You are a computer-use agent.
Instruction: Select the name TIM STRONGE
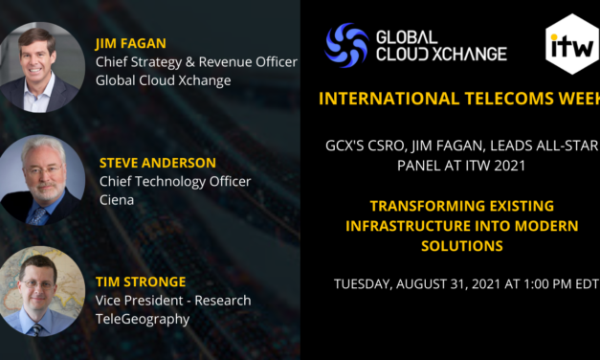point(141,281)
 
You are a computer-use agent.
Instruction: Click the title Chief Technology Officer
point(175,181)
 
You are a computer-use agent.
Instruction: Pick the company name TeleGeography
point(142,319)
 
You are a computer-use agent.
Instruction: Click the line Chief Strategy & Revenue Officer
point(195,62)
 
